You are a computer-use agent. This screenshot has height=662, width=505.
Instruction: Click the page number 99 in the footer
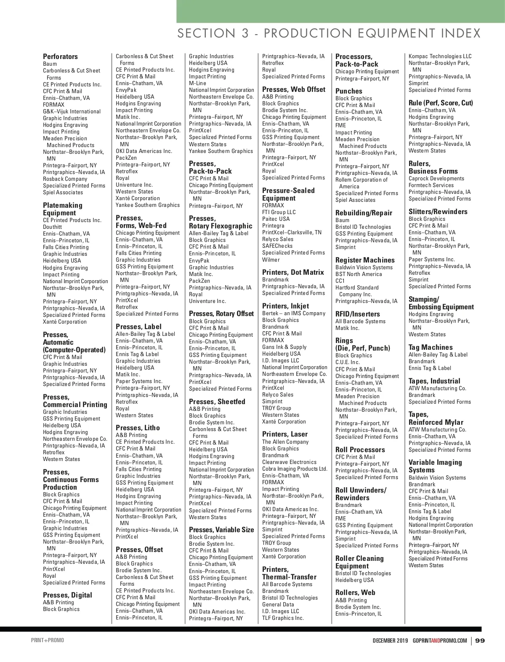[x=480, y=641]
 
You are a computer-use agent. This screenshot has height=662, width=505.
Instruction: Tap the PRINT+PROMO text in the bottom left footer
[x=48, y=641]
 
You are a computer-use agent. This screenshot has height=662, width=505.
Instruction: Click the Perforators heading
[x=60, y=56]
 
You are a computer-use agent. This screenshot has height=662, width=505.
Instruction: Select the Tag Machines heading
[x=431, y=347]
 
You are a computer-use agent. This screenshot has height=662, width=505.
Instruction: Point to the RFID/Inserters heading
[x=357, y=314]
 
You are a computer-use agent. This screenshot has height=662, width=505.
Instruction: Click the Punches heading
[x=348, y=91]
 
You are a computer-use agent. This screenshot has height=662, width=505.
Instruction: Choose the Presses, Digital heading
[x=67, y=595]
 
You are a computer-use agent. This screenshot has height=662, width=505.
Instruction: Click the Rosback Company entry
[x=65, y=179]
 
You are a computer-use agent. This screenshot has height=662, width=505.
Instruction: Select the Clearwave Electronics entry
[x=289, y=462]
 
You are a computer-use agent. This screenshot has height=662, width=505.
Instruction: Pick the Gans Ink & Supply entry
[x=284, y=347]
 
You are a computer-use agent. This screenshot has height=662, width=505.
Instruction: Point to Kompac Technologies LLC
[x=440, y=56]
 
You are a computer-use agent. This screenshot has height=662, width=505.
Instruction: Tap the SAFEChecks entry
[x=277, y=246]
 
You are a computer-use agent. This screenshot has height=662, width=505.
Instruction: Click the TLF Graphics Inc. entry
[x=283, y=618]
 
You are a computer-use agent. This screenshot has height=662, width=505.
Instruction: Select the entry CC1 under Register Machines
[x=340, y=281]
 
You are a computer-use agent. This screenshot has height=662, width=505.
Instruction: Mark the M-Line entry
[x=197, y=83]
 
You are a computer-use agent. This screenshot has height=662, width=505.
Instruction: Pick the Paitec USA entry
[x=276, y=219]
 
